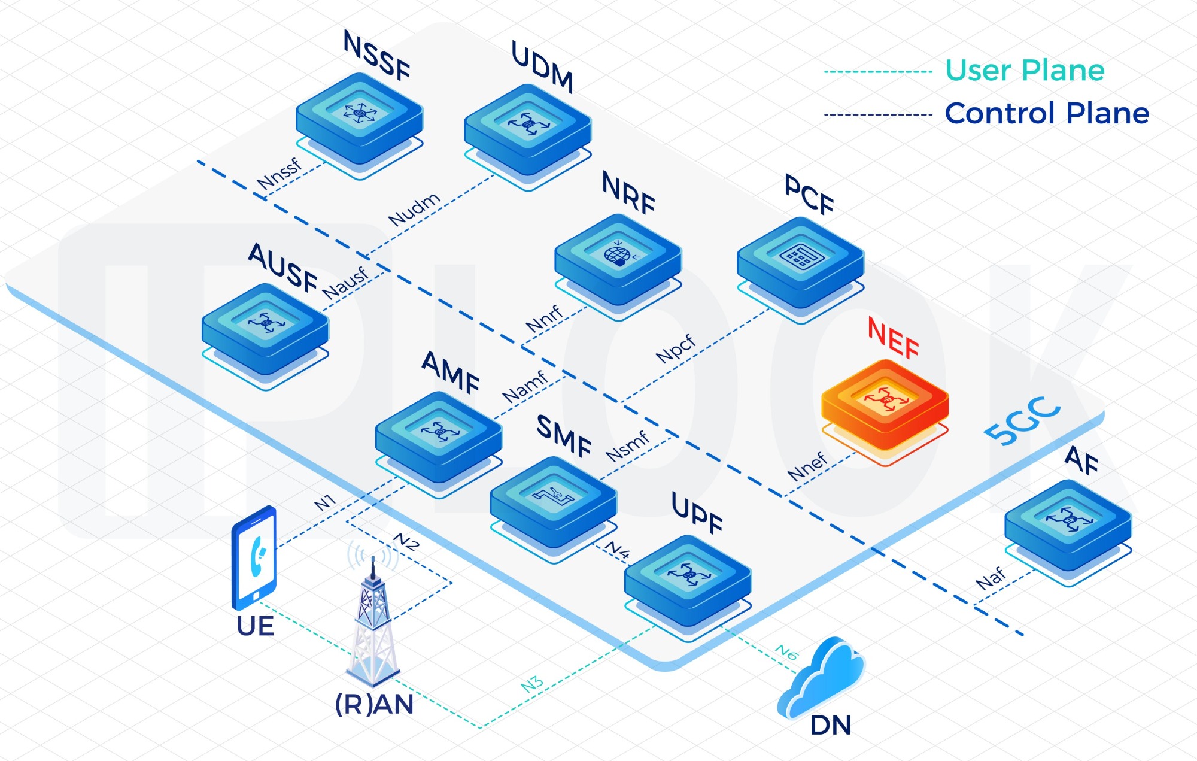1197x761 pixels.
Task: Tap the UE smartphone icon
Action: [254, 557]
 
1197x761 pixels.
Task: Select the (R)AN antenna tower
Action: [373, 623]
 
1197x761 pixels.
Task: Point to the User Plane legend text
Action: [1025, 71]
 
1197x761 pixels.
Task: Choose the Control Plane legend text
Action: [1047, 113]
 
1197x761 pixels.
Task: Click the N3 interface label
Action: [532, 684]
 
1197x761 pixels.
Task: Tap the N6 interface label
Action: [786, 652]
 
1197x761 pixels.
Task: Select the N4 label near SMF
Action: [617, 550]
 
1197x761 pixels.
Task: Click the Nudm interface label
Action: [414, 209]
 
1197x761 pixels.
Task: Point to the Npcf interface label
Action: [676, 348]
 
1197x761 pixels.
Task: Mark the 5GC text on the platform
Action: [1022, 422]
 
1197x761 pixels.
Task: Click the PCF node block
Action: [800, 263]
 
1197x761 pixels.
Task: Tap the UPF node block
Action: [687, 581]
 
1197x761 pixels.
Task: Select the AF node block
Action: [1068, 524]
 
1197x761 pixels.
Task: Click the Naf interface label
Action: [991, 578]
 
